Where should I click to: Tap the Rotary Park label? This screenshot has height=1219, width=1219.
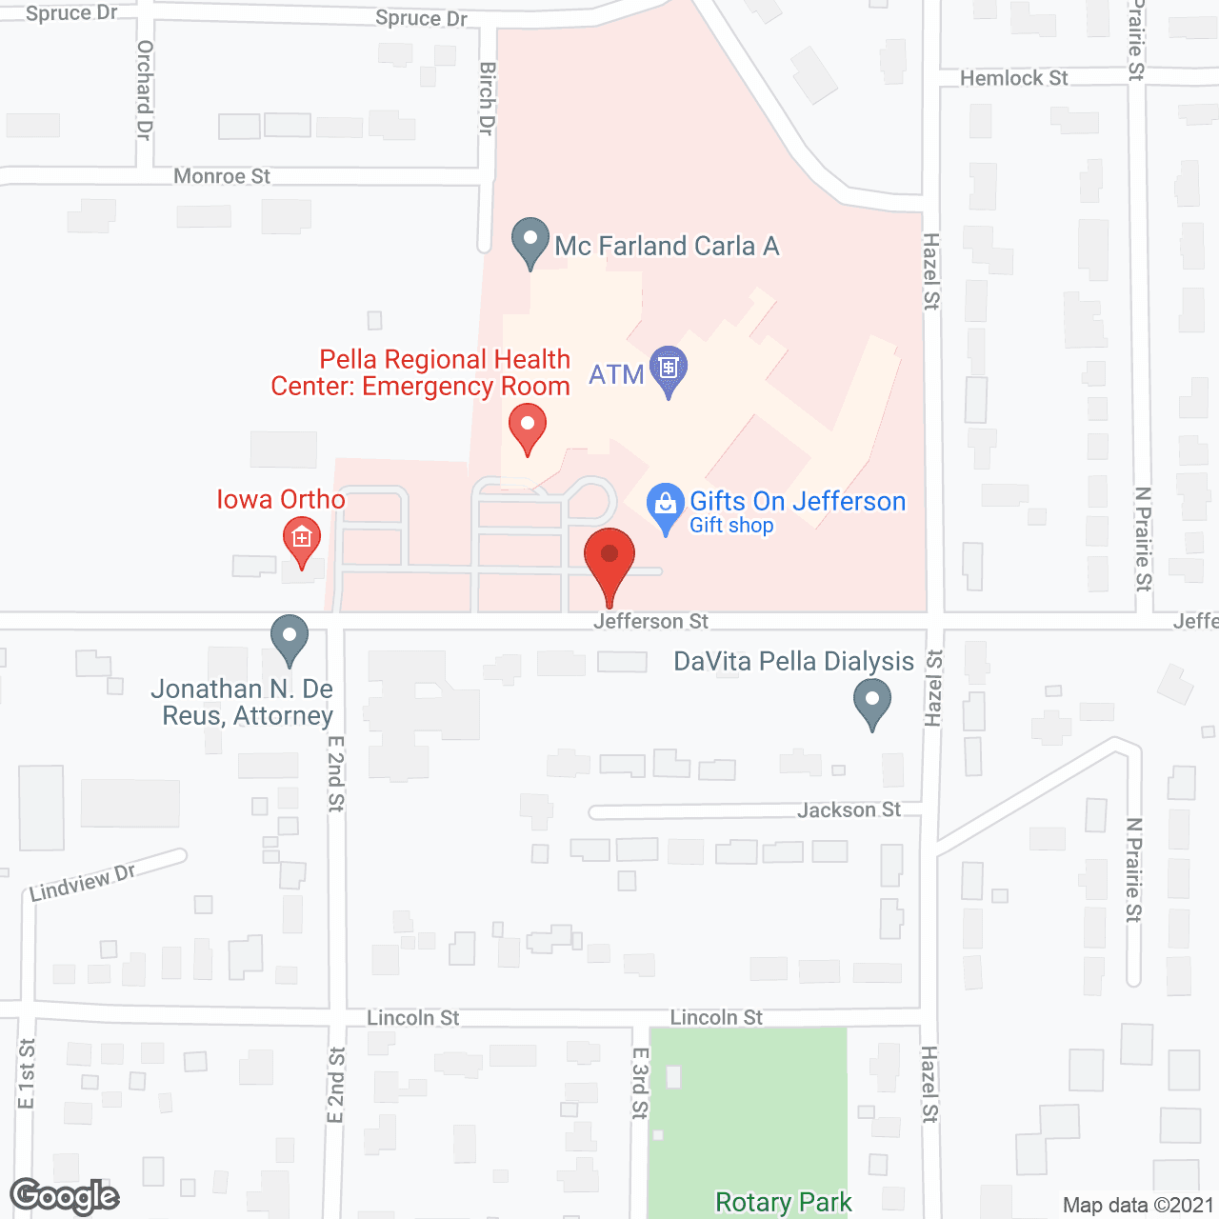tap(783, 1203)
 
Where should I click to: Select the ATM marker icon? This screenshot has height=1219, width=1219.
tap(669, 368)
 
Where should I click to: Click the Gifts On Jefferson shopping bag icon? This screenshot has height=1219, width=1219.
tap(665, 505)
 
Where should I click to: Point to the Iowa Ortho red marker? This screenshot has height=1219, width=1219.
tap(302, 540)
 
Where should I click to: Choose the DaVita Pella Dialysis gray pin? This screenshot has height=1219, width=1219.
tap(871, 704)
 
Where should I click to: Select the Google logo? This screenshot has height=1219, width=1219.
tap(65, 1196)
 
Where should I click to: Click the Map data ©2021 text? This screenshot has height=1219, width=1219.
tap(1138, 1206)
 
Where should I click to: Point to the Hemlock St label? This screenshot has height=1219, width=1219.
tap(1013, 78)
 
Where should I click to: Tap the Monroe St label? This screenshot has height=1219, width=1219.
tap(222, 176)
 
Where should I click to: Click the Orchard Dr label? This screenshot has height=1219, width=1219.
tap(145, 90)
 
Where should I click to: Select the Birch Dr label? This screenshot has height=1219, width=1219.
tap(487, 98)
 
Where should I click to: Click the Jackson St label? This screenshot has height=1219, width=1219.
tap(849, 810)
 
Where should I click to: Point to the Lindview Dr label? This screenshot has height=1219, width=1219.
tap(83, 883)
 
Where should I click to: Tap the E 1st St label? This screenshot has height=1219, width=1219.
tap(27, 1074)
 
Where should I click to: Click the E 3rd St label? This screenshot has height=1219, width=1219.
tap(640, 1083)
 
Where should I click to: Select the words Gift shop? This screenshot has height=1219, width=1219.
tap(731, 526)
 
